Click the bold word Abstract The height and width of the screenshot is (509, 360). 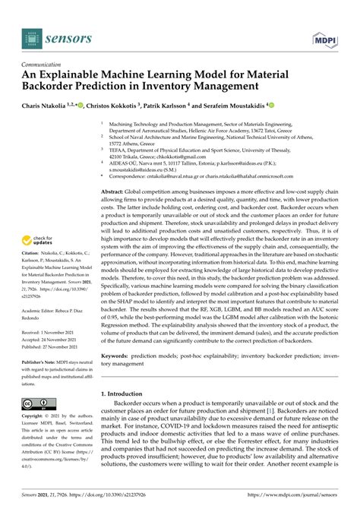114,193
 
